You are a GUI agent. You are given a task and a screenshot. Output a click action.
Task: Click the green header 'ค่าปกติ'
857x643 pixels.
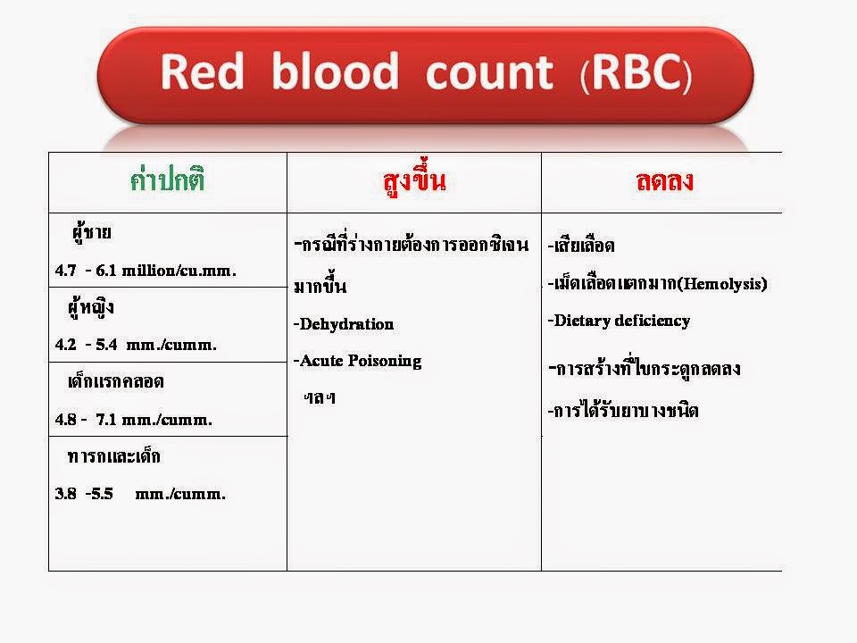click(168, 181)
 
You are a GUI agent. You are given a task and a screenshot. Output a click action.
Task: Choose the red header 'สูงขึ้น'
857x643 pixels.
click(412, 181)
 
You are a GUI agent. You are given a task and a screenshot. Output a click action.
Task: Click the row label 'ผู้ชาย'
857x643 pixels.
click(92, 234)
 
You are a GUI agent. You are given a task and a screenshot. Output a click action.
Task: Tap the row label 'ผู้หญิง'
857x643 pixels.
click(91, 309)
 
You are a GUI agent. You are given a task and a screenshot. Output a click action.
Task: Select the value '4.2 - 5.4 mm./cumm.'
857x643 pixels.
click(136, 345)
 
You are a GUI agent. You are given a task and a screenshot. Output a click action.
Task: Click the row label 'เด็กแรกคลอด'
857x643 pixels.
click(116, 382)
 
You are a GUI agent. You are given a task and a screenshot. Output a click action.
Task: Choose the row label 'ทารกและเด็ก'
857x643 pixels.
click(114, 457)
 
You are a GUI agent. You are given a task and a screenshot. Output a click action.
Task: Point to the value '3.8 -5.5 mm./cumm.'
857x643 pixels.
click(140, 494)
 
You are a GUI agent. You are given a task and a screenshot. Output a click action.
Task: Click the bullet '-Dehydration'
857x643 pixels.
click(343, 324)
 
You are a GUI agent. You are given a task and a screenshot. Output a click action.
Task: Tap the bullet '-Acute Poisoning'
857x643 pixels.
click(357, 361)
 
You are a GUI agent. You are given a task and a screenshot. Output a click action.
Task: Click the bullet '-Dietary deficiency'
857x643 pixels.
click(619, 321)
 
